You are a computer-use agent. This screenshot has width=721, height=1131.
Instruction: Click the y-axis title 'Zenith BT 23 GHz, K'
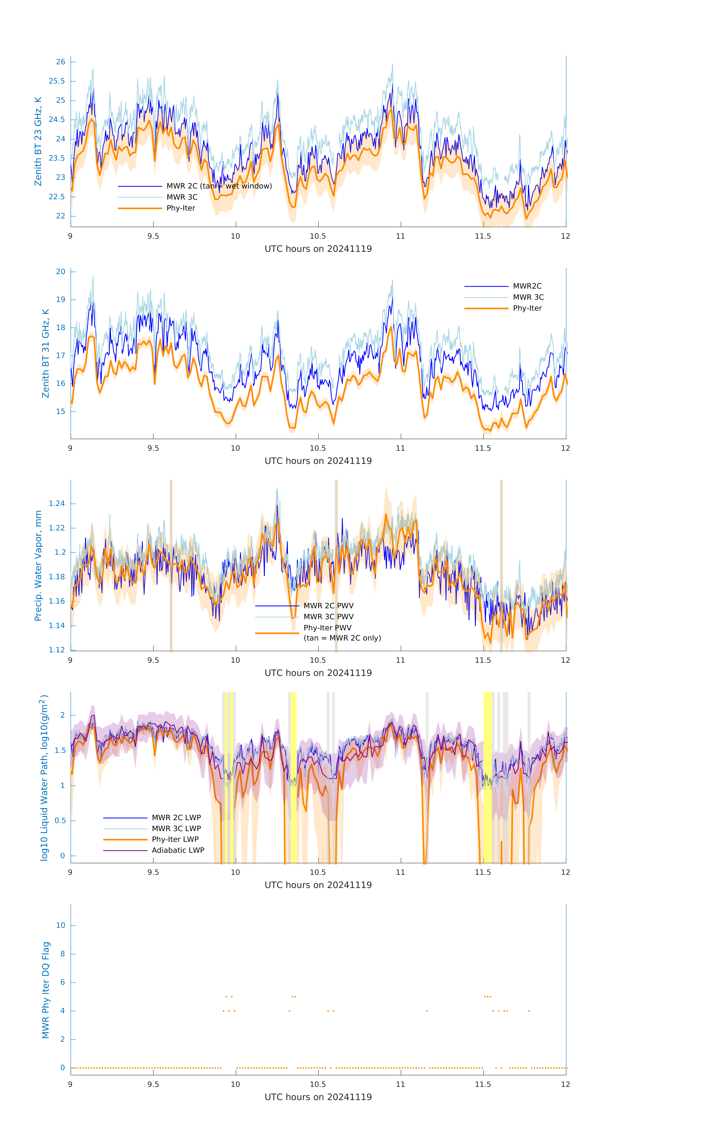[x=38, y=141]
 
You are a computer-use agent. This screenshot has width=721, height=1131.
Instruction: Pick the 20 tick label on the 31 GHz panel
[x=61, y=271]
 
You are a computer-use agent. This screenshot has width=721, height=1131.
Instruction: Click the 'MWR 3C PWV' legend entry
[x=328, y=617]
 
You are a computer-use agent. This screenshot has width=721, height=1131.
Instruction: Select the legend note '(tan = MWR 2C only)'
[x=342, y=638]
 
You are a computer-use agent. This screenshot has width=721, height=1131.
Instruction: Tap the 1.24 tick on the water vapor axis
[x=57, y=503]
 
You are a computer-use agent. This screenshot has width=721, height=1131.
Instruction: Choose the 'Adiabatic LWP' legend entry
[x=178, y=850]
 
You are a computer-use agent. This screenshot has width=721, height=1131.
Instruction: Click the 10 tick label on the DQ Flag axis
[x=61, y=925]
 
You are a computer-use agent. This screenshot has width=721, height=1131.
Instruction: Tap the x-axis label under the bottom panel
[x=318, y=1097]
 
